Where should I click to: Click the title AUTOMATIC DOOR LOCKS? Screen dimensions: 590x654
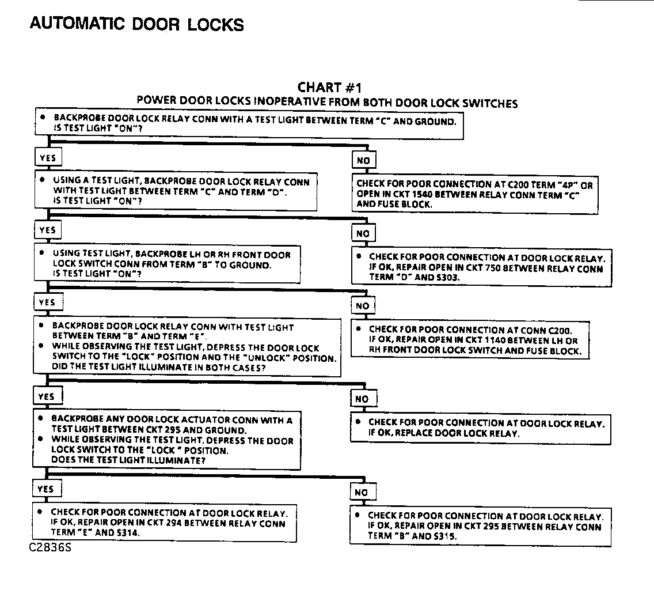[x=136, y=24]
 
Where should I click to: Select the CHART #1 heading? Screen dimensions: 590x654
[x=329, y=88]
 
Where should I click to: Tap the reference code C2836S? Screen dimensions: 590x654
[x=50, y=547]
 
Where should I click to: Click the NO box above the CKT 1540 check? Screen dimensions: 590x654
[x=363, y=161]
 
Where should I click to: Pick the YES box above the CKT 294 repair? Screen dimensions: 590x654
[x=45, y=489]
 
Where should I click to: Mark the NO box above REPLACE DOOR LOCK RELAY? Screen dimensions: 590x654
[x=362, y=399]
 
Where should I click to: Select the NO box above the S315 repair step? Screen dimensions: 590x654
[x=361, y=492]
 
